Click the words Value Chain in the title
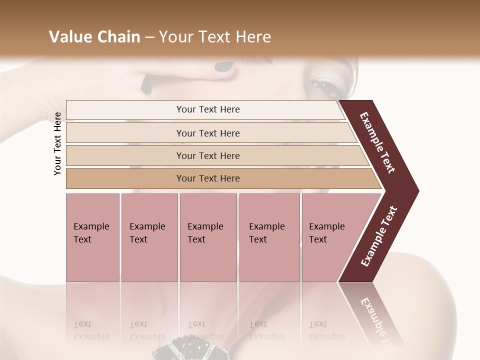tap(94, 37)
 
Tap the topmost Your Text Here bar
tap(207, 109)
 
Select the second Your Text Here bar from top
tap(208, 133)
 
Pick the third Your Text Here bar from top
tap(208, 155)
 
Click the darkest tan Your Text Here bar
tap(208, 178)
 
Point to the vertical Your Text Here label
tap(57, 143)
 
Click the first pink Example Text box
tap(92, 237)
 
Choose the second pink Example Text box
tap(149, 237)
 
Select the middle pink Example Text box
tap(208, 237)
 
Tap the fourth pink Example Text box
tap(269, 237)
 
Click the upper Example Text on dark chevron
tap(377, 142)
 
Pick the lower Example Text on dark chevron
tap(378, 236)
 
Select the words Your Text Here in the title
tap(214, 37)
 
